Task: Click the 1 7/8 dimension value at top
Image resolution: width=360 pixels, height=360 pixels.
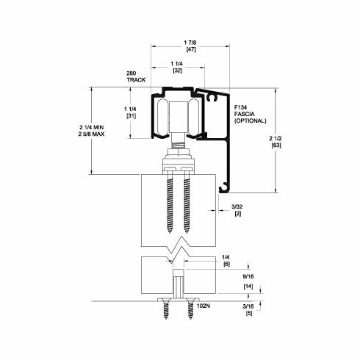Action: pos(190,43)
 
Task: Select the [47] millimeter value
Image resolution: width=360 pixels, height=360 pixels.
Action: pos(191,49)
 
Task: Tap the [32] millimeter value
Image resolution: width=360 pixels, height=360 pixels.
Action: pos(178,71)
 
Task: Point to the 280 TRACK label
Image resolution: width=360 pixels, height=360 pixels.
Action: pos(136,76)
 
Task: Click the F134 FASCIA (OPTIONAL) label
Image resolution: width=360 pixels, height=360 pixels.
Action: pos(250,114)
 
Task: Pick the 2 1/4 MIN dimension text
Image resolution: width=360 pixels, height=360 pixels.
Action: pos(91,127)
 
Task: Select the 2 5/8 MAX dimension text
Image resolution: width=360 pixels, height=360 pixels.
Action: pos(91,134)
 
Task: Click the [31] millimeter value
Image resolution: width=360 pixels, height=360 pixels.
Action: pos(131,116)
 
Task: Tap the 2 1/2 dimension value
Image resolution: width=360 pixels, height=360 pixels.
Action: pos(276,138)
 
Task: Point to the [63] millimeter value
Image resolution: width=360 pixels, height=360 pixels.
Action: pos(276,145)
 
